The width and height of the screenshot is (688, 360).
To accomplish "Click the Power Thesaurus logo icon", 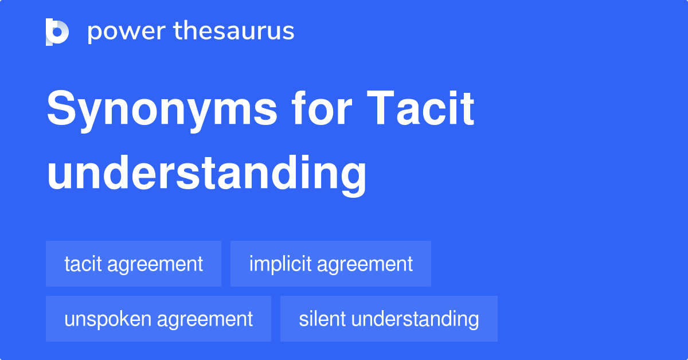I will click(57, 32).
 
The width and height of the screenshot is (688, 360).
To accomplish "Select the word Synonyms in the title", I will click(162, 111).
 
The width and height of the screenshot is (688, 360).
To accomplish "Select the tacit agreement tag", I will click(134, 264).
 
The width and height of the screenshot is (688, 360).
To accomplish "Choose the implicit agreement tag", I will click(331, 264).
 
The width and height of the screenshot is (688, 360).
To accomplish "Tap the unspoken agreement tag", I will click(158, 319).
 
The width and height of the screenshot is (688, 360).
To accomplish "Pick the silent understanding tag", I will click(389, 319).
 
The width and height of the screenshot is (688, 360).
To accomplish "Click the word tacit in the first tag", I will click(83, 264).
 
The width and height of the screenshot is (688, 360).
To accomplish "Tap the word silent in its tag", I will click(322, 319).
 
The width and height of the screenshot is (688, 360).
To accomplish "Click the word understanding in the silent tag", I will click(415, 319).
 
